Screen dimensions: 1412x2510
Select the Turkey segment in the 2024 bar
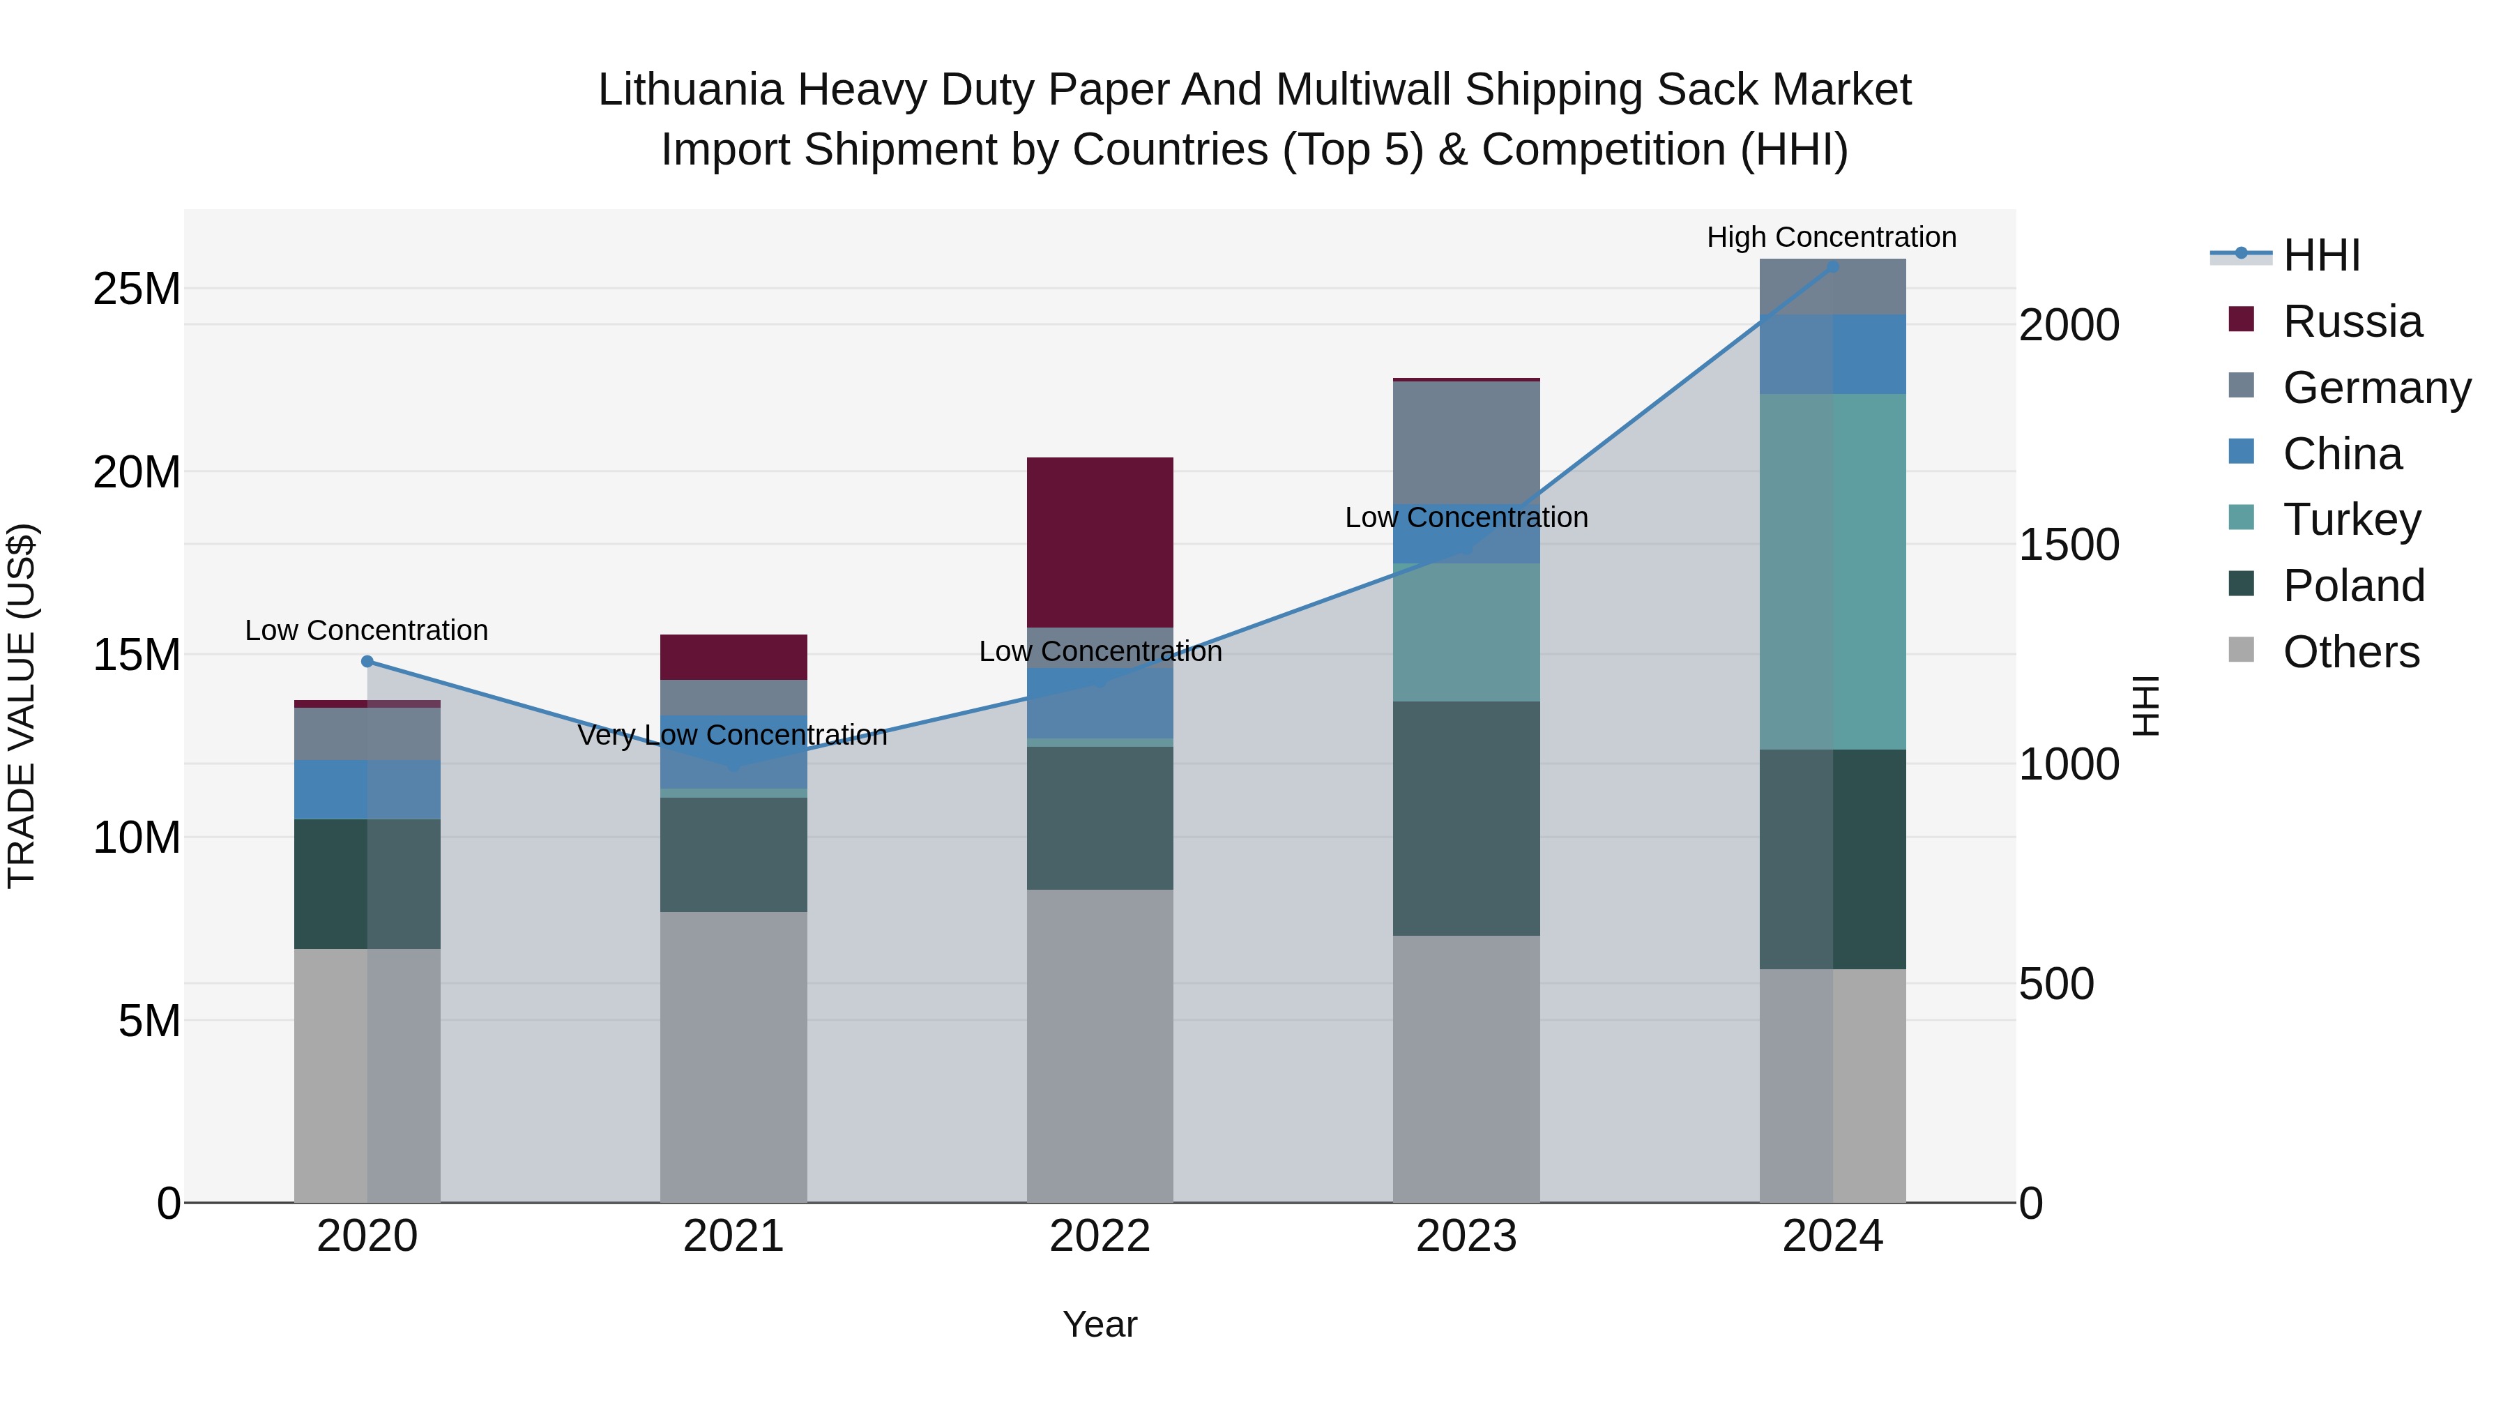tap(1832, 571)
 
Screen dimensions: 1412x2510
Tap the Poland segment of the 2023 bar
tap(1466, 818)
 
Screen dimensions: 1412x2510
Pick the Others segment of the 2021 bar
tap(733, 1056)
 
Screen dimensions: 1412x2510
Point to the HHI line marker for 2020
tap(367, 662)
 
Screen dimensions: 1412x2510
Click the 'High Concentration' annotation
tap(1831, 237)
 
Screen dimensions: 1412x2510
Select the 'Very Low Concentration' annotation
tap(732, 735)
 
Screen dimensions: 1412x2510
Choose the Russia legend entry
tap(2351, 321)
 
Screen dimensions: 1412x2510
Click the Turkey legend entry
tap(2351, 519)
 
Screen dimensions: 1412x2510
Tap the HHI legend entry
tap(2321, 255)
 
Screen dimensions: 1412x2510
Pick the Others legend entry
tap(2350, 652)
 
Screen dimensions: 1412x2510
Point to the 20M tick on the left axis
tap(137, 473)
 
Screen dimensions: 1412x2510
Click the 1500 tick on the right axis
tap(2069, 545)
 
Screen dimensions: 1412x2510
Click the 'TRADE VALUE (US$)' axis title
tap(22, 706)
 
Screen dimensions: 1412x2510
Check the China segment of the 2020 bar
tap(367, 789)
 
